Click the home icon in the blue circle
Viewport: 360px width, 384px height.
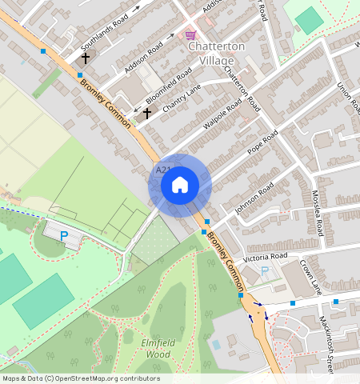180,185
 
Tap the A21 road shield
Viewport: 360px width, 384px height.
162,170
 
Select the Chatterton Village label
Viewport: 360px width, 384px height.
211,54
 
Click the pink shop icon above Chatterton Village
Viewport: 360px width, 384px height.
190,35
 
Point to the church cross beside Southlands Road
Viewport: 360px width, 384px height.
85,58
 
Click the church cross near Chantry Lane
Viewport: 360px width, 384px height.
146,114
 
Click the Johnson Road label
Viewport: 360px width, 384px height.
254,198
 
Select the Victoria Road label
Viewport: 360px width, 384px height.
266,257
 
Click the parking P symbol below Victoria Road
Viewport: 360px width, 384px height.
265,272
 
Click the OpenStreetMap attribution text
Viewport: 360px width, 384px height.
80,378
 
